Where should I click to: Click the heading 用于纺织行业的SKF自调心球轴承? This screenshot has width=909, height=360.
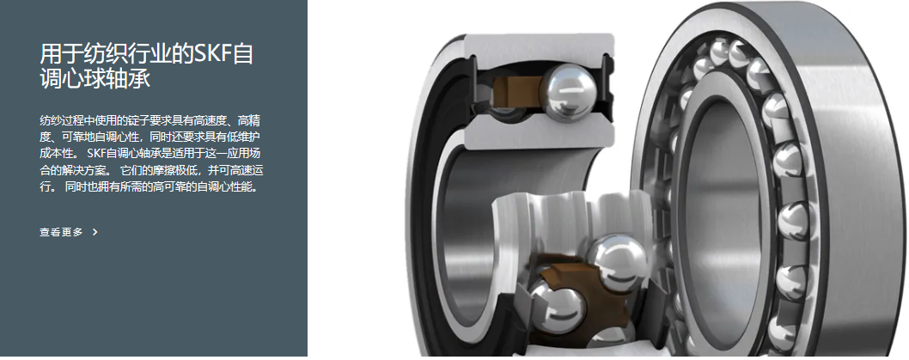(x=147, y=65)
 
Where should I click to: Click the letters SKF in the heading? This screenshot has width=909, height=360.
(x=213, y=53)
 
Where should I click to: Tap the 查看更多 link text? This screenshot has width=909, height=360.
(x=61, y=232)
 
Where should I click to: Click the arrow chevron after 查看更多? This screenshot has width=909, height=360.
(x=95, y=232)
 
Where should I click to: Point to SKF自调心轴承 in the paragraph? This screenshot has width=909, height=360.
(x=121, y=154)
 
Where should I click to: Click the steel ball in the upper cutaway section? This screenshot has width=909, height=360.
(x=568, y=93)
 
